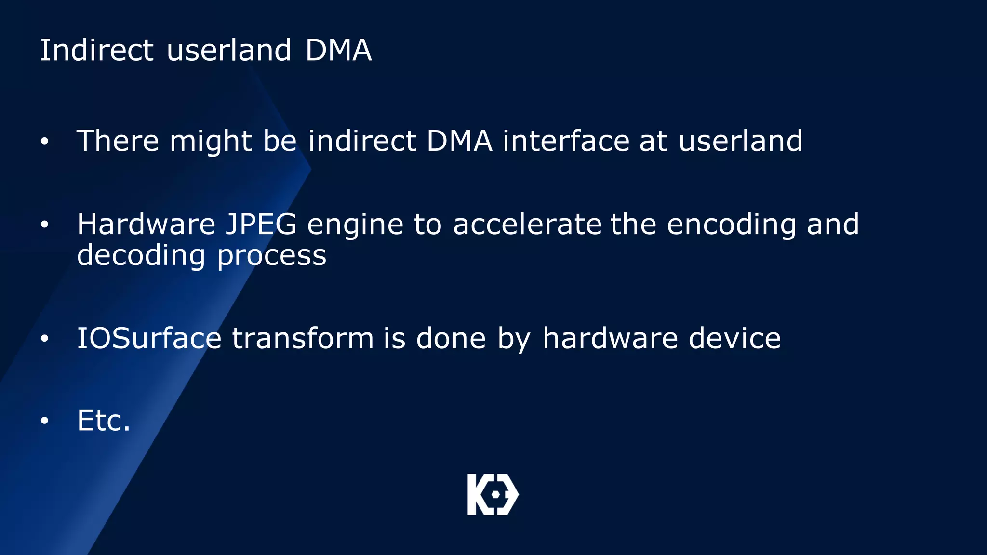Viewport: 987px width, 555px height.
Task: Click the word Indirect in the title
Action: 96,50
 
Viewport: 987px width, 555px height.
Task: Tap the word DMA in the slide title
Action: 338,50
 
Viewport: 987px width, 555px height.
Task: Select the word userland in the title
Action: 228,50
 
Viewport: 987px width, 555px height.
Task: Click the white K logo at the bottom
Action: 493,494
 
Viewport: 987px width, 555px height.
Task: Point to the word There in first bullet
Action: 118,141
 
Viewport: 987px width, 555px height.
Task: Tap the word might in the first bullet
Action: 211,142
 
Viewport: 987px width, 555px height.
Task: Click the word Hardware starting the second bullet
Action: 146,225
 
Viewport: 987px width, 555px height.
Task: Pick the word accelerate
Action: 527,225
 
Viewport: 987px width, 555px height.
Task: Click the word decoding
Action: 141,255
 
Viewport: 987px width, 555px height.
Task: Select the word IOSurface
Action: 149,338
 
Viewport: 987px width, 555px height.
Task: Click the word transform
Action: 303,338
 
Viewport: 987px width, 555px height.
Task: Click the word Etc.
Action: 104,420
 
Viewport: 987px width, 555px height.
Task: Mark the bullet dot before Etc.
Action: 45,421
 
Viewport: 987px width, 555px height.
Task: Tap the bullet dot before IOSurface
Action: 45,339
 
